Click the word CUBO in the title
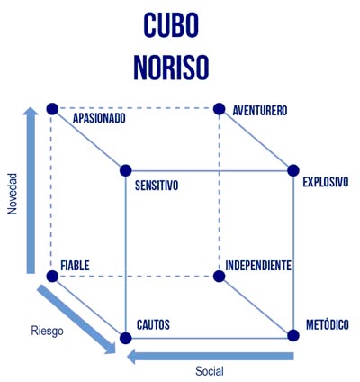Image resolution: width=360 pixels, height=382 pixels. coord(171,25)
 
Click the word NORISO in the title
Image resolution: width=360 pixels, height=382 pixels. coord(171,67)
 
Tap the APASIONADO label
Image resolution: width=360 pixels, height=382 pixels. coord(99,118)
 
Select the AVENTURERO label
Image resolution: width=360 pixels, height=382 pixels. coord(260,111)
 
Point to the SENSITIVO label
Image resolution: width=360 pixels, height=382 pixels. coord(157,186)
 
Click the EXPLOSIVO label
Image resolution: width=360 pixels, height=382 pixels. coord(326,182)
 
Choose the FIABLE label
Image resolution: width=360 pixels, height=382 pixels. coord(75,266)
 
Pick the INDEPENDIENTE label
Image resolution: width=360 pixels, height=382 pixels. coord(258,266)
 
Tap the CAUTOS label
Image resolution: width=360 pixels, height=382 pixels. coord(153,324)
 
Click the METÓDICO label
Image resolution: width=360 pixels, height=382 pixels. coord(328,324)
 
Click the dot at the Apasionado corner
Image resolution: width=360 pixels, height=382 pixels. coord(52,108)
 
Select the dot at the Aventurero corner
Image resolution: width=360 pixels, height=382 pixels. coord(220,109)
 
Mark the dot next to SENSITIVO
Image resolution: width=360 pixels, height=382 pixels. coord(126,170)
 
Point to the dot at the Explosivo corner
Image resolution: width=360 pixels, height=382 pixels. coord(293,170)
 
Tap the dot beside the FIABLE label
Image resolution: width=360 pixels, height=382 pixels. coord(52,277)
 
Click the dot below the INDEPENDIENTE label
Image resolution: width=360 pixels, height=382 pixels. coord(220,277)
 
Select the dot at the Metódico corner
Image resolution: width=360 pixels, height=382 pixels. coord(293,335)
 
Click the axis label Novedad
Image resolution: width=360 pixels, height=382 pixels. coord(13,194)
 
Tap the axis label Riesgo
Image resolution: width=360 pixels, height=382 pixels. coord(47,331)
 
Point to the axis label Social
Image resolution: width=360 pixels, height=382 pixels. coord(210,371)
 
